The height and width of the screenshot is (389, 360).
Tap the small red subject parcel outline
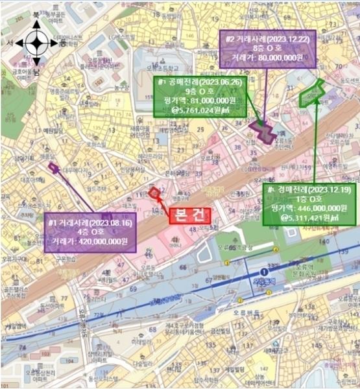(154, 192)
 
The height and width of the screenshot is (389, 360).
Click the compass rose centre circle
(36, 44)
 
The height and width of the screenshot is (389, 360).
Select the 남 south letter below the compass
(37, 67)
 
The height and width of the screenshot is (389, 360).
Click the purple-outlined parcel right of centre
(265, 132)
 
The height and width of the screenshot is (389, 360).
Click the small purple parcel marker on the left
(53, 167)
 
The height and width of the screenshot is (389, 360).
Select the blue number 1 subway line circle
(263, 271)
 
